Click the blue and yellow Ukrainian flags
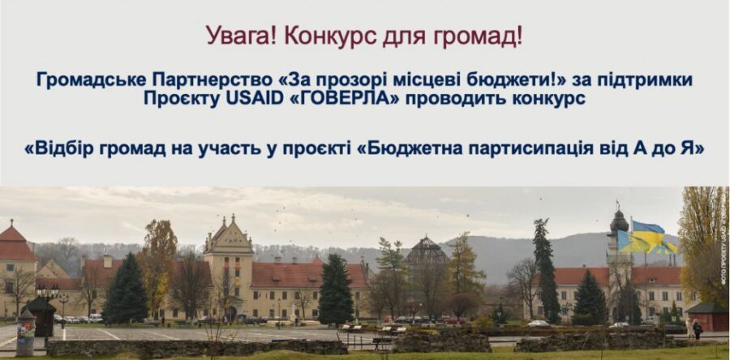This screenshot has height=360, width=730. click(x=646, y=238)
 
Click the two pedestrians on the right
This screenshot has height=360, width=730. click(x=693, y=328)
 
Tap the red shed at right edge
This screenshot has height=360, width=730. click(x=707, y=317)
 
